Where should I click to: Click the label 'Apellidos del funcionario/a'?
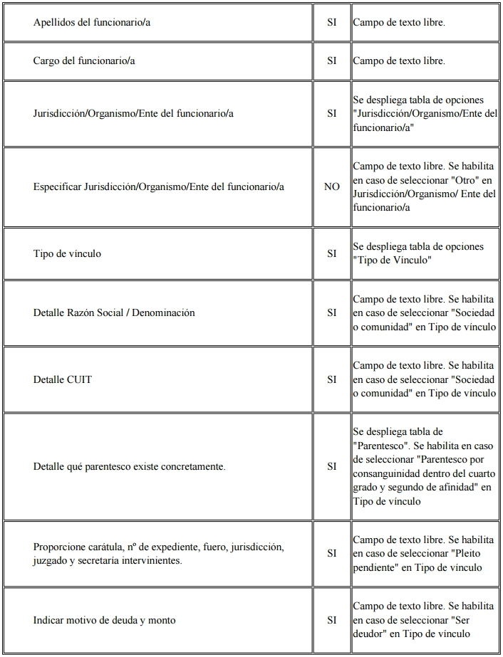pos(91,23)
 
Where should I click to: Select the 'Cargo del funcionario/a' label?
pos(84,61)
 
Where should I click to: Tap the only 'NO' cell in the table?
pos(332,187)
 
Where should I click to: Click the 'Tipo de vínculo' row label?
pos(67,253)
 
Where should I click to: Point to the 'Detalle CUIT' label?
pos(63,379)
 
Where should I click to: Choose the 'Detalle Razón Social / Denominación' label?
pos(114,312)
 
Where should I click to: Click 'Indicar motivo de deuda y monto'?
pos(104,620)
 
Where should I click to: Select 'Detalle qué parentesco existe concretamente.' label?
pos(129,467)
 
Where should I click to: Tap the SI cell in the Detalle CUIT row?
pos(332,379)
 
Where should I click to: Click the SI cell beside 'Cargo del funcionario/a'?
pos(332,61)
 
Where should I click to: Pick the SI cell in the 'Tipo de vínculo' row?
pos(332,253)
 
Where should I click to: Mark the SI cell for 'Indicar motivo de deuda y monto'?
pos(332,620)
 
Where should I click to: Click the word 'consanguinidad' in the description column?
pos(387,474)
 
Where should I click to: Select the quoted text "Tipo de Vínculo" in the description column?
pos(392,261)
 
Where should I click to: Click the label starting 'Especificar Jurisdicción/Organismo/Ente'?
pos(158,187)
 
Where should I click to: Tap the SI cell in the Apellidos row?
pos(332,23)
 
